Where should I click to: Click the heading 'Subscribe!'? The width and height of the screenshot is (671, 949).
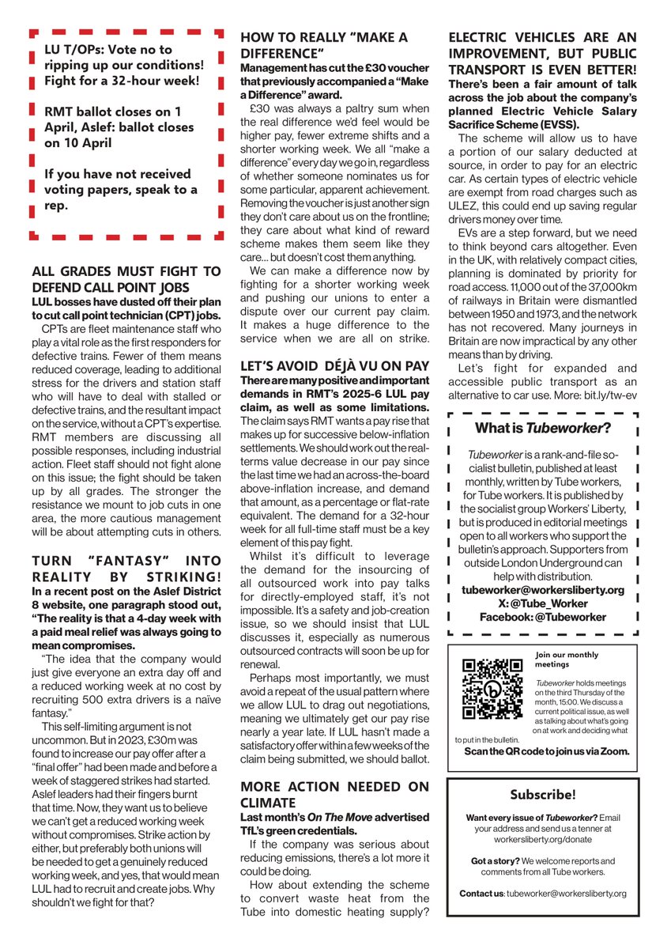(x=543, y=794)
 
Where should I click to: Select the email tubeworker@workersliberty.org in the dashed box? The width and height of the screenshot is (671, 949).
(x=542, y=590)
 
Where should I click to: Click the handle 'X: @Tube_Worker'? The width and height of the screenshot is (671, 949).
(x=542, y=603)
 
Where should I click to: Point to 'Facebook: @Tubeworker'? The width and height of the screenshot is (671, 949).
(x=542, y=617)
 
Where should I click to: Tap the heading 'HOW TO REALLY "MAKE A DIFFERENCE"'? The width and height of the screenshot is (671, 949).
(x=324, y=45)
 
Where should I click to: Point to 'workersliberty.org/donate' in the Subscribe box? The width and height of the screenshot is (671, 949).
(x=543, y=839)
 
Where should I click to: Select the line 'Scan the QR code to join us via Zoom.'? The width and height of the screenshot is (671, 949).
(x=547, y=751)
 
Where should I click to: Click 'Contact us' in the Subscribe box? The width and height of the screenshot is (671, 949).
(x=481, y=893)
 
